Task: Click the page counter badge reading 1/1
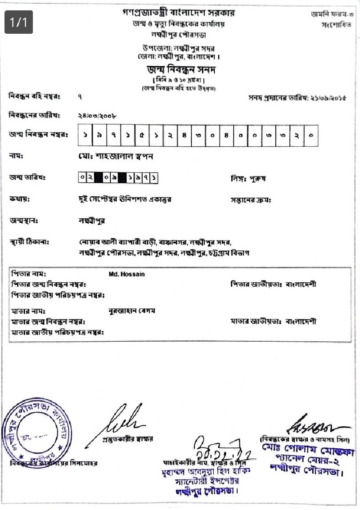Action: (x=19, y=22)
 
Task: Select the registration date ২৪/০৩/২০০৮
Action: (x=97, y=116)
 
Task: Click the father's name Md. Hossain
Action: (x=127, y=274)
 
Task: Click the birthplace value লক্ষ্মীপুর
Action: (x=91, y=221)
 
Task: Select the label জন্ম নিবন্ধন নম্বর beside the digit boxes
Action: (x=38, y=135)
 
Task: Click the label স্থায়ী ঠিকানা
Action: (x=29, y=242)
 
